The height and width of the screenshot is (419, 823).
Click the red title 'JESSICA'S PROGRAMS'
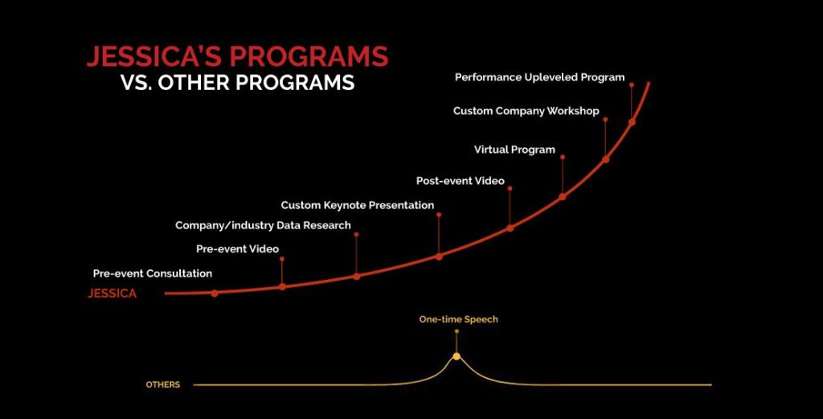[x=237, y=57]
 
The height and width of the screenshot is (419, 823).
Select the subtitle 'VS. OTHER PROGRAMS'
[x=237, y=83]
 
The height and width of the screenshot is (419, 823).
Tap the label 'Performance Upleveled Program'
[x=539, y=78]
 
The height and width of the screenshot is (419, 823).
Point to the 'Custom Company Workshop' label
[x=526, y=111]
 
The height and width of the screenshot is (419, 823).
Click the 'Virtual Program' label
[x=514, y=150]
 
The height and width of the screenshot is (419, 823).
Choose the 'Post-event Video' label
[x=461, y=181]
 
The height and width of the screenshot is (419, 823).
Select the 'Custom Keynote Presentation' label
[x=358, y=205]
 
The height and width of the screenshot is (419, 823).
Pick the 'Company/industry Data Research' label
[x=263, y=225]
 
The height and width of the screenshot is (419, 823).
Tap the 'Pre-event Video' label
[x=237, y=249]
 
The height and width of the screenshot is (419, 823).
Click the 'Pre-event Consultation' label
[x=153, y=273]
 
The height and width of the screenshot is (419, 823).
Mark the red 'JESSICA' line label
[x=113, y=294]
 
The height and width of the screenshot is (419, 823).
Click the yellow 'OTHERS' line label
[x=162, y=385]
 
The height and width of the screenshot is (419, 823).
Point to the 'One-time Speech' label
[x=458, y=319]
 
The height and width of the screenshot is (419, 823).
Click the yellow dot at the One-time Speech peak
[x=457, y=356]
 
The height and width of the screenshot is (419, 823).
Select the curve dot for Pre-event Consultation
[x=214, y=294]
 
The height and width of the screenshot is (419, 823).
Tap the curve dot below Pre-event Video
[x=282, y=286]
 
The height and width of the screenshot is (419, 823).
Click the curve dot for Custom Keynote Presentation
[x=439, y=257]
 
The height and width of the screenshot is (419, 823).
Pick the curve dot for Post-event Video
[x=510, y=228]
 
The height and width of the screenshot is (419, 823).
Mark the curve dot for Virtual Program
[x=562, y=196]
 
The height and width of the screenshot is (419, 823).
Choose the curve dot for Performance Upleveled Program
[x=632, y=121]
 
